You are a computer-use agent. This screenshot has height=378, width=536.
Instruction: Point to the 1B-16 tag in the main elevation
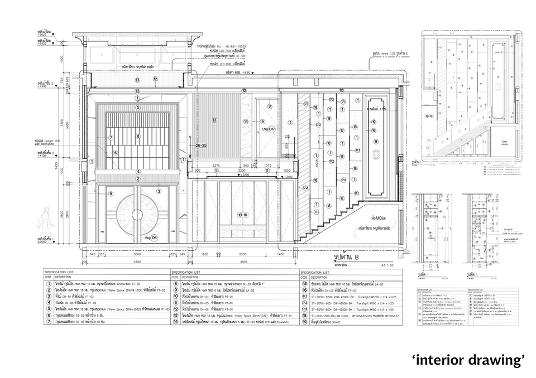pyautogui.click(x=242, y=214)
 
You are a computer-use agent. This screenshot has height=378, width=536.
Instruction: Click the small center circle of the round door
pyautogui.click(x=137, y=215)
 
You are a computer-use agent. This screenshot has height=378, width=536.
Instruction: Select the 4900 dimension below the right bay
pyautogui.click(x=243, y=261)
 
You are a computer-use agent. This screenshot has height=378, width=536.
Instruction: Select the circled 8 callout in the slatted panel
pyautogui.click(x=138, y=136)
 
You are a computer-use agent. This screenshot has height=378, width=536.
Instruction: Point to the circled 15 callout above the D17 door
pyautogui.click(x=270, y=106)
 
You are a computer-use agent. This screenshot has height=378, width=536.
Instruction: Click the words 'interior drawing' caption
pyautogui.click(x=469, y=360)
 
